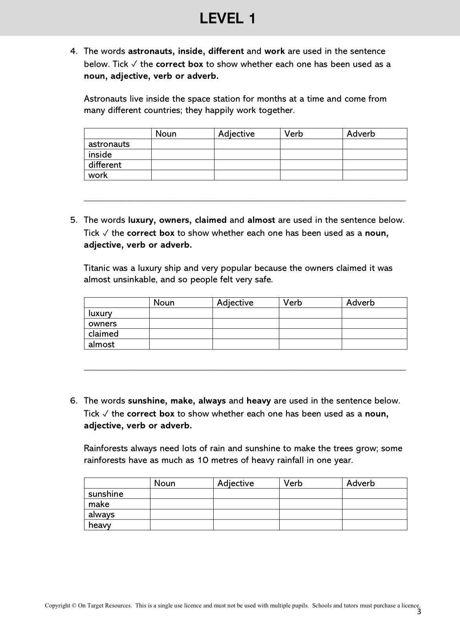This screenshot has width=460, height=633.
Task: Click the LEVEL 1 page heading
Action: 227,18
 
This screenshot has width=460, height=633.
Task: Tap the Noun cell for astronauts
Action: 183,144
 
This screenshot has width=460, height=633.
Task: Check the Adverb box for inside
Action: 374,154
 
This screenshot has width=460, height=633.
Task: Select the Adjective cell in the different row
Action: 247,165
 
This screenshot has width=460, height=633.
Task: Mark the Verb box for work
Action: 311,175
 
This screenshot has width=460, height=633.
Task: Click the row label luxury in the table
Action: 100,313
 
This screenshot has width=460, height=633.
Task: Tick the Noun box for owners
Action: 181,324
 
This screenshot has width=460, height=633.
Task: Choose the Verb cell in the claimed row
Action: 310,334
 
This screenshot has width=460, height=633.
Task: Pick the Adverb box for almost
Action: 374,344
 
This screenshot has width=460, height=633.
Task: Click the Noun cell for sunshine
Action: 181,494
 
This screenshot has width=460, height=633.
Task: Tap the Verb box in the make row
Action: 310,504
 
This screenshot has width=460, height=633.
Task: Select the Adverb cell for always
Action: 374,514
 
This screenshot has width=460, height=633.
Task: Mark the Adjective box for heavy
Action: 246,525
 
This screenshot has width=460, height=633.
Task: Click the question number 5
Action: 73,220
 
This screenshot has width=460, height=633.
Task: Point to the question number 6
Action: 73,401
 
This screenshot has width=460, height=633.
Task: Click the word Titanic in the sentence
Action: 97,268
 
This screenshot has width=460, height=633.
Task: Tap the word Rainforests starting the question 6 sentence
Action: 106,448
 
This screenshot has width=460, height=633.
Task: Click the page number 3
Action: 418,612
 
